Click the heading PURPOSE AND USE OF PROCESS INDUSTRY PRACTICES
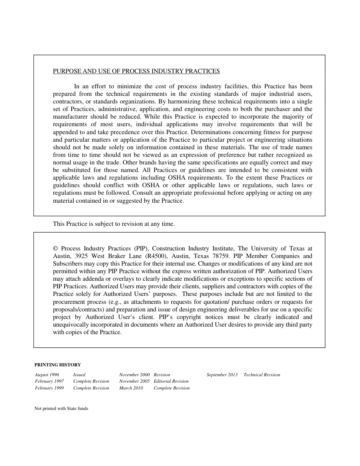point(136,71)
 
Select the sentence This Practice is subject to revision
point(114,224)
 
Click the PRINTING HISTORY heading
point(58,365)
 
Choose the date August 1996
point(47,375)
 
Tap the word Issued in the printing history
point(79,375)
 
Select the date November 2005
point(134,381)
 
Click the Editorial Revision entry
point(171,381)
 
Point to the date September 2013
point(222,375)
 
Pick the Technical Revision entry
point(262,375)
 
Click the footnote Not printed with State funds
point(61,408)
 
